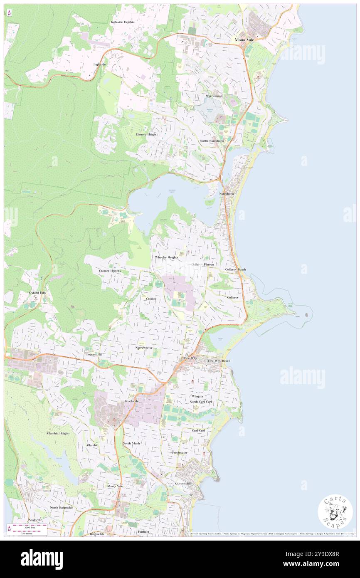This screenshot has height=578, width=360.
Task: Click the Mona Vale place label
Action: click(x=244, y=40)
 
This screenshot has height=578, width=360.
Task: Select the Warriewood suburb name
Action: click(x=214, y=96)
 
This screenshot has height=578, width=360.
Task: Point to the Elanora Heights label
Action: click(x=147, y=134)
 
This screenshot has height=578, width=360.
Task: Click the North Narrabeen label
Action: click(x=212, y=141)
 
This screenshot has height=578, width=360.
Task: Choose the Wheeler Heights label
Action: click(x=167, y=257)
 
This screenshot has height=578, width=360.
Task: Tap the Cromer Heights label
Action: click(x=110, y=271)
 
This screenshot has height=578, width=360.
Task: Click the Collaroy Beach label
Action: click(x=236, y=269)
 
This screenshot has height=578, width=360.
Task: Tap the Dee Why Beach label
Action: click(x=216, y=361)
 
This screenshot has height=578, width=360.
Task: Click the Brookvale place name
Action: click(x=131, y=401)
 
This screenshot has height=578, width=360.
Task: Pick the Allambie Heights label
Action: click(x=58, y=433)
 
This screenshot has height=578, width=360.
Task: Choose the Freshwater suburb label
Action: click(x=180, y=452)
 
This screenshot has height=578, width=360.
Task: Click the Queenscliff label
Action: click(x=183, y=484)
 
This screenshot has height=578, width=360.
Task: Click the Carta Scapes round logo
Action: click(x=335, y=511)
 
